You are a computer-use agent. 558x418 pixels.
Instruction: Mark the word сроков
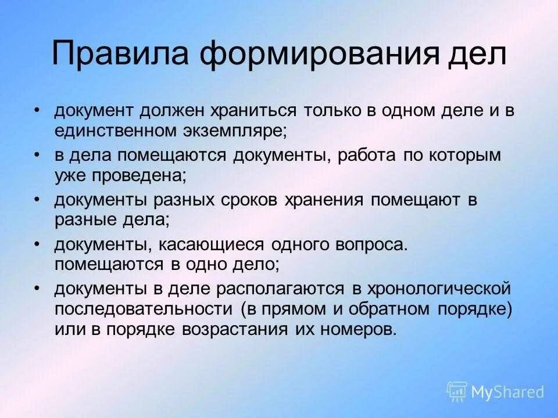point(248,200)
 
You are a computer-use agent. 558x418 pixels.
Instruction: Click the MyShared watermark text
point(507,392)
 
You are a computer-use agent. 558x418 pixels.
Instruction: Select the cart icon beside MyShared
point(457,391)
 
